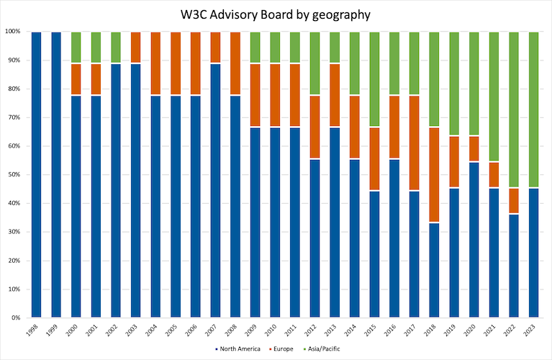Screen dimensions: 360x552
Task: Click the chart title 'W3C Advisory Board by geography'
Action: pyautogui.click(x=276, y=15)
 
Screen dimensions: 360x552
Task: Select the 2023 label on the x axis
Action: pyautogui.click(x=531, y=332)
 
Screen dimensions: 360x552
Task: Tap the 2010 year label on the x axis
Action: pyautogui.click(x=273, y=332)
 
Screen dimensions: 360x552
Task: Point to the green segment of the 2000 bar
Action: pyautogui.click(x=77, y=48)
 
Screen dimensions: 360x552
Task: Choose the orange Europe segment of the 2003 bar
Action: pyautogui.click(x=136, y=48)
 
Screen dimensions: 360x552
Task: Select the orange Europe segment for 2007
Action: pyautogui.click(x=215, y=48)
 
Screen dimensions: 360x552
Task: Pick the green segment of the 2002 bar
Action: pyautogui.click(x=117, y=48)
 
